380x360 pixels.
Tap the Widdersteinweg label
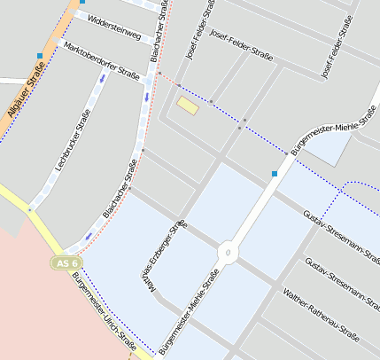click(x=109, y=27)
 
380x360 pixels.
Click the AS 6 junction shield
click(x=66, y=263)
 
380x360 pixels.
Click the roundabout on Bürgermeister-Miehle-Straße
click(x=229, y=254)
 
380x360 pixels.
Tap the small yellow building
click(x=187, y=106)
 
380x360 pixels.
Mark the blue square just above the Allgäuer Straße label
click(x=40, y=56)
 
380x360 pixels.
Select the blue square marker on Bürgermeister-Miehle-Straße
click(x=275, y=174)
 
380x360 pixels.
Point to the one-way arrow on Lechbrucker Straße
click(x=102, y=78)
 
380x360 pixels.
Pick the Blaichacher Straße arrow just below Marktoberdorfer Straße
click(x=147, y=91)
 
